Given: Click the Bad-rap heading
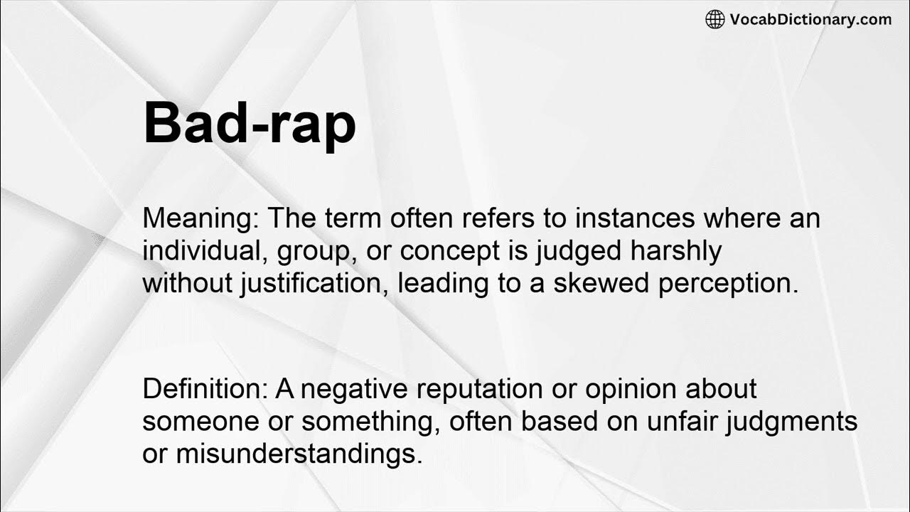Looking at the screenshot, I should (250, 124).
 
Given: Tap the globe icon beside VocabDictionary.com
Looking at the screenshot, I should (714, 19).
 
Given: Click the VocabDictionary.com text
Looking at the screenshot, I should (810, 19).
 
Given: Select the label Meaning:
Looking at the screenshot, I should (200, 218).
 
